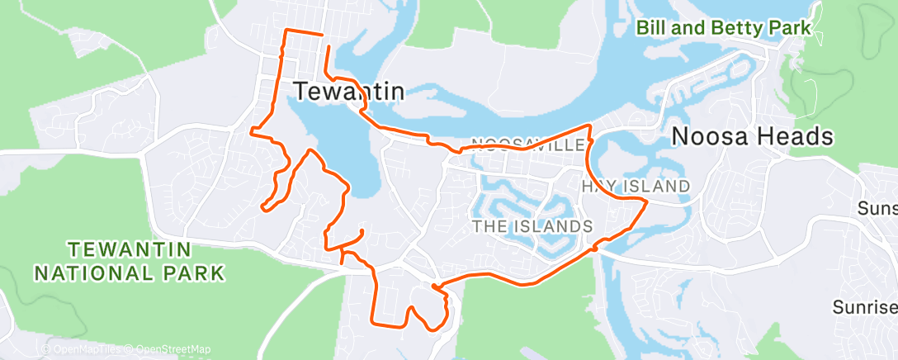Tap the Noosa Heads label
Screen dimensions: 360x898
tap(752, 136)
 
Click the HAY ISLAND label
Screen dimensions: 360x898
tap(636, 186)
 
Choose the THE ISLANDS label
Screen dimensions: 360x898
tap(532, 225)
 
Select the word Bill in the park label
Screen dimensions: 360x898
tap(651, 28)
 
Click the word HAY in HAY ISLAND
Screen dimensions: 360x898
tap(598, 186)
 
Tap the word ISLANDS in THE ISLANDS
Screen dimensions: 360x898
tap(555, 225)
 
